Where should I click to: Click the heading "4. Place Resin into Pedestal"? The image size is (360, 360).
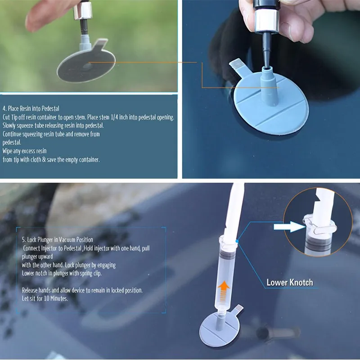click(x=31, y=108)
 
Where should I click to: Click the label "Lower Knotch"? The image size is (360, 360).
click(x=289, y=283)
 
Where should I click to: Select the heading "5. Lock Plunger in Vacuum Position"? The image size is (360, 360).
click(x=58, y=240)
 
